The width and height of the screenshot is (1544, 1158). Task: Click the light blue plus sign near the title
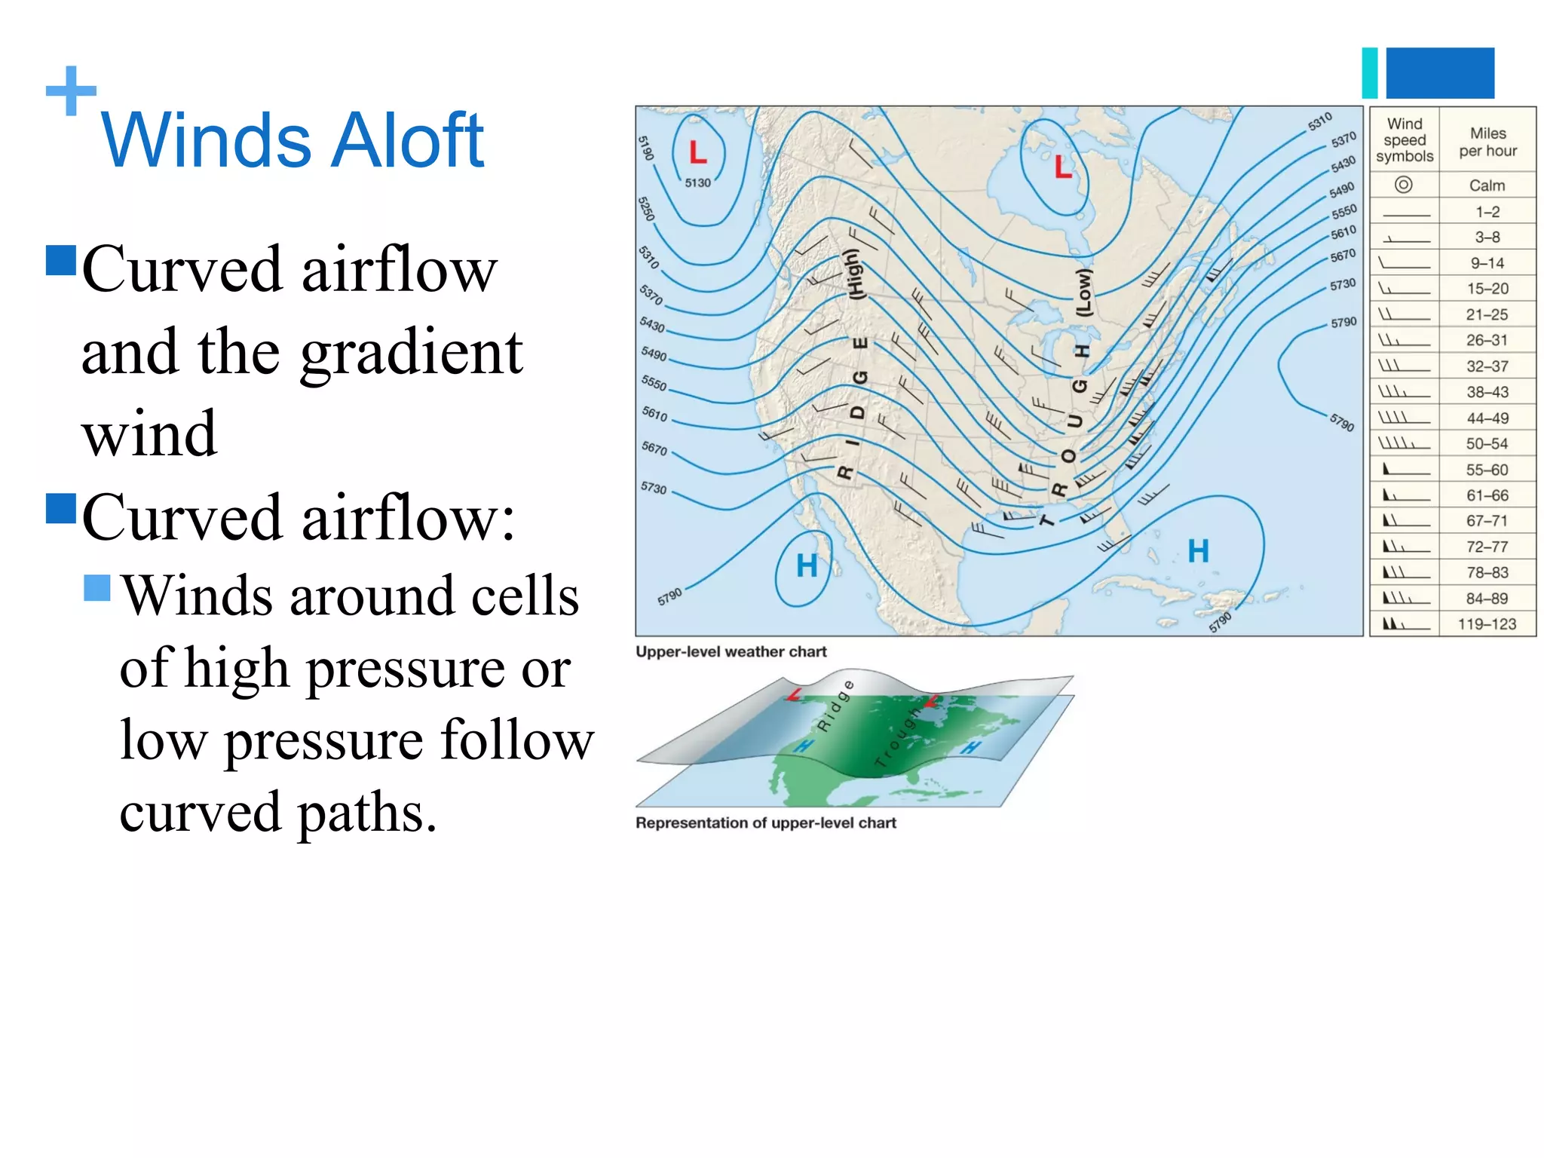coord(71,91)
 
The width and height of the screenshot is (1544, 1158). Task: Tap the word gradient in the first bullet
coord(411,352)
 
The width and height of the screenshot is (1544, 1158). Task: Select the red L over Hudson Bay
coord(1063,167)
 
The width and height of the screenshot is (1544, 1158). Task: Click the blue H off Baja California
coord(807,565)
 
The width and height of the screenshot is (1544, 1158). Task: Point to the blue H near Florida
coord(1198,551)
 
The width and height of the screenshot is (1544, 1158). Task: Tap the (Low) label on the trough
coord(1083,293)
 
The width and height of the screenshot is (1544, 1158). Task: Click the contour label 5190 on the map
coord(646,148)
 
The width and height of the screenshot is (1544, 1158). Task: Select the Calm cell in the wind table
coord(1487,185)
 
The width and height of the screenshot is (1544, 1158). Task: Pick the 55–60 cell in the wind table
coord(1487,470)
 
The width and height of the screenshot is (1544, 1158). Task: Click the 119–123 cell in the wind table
coord(1487,624)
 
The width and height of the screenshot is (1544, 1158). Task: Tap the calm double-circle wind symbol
coord(1403,185)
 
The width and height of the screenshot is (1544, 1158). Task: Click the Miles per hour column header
coord(1487,142)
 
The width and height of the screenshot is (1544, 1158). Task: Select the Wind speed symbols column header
coord(1405,140)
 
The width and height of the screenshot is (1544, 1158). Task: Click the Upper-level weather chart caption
coord(731,651)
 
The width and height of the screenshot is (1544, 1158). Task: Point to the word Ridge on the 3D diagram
coord(835,705)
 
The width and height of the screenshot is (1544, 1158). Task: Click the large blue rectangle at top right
coord(1440,73)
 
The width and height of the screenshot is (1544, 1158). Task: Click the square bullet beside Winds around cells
coord(97,588)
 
